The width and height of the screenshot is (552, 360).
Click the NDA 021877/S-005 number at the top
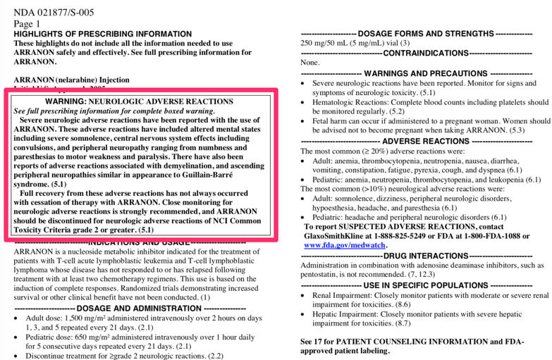coord(54,12)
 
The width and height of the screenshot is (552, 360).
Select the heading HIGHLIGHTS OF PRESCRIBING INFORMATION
coord(103,34)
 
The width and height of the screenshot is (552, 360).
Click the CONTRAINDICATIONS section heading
coord(426,53)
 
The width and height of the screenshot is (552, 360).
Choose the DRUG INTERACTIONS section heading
coord(425,255)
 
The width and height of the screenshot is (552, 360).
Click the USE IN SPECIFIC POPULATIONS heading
coord(425,285)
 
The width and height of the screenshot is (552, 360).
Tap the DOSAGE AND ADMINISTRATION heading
coord(130,308)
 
